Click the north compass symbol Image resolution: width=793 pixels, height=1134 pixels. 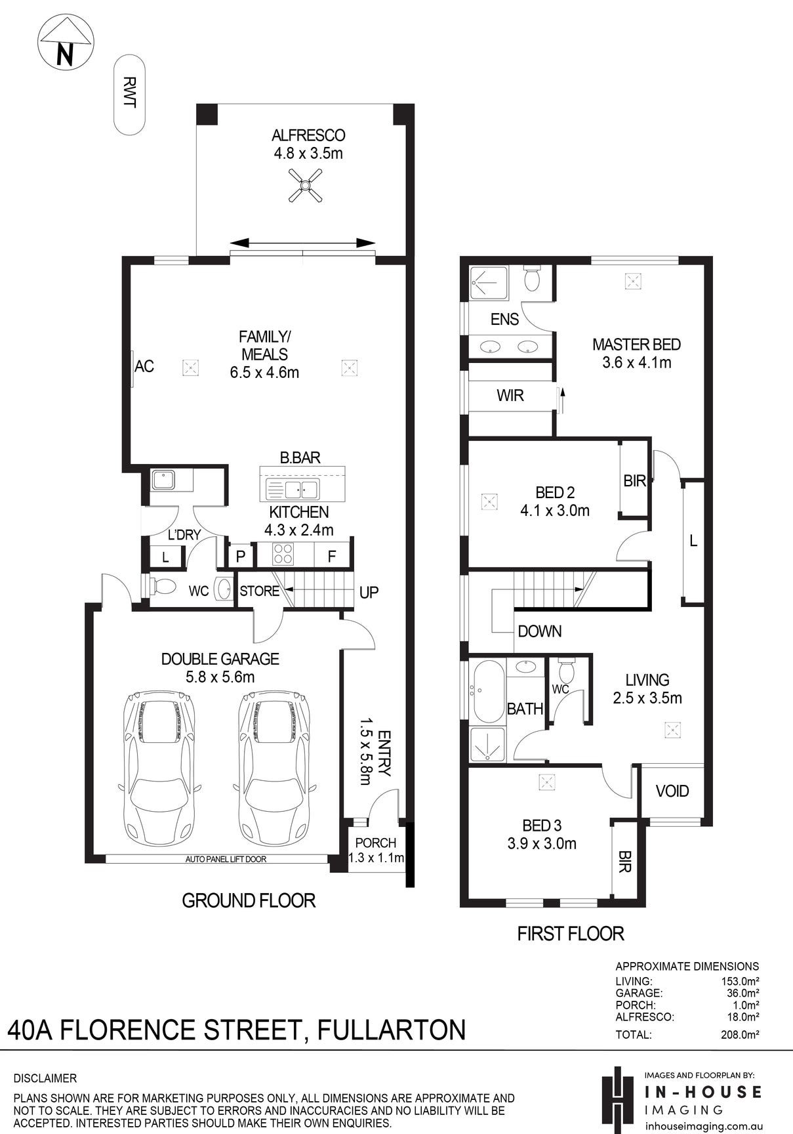66,43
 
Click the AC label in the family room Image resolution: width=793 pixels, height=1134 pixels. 144,366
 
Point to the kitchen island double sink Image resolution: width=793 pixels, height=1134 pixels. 293,489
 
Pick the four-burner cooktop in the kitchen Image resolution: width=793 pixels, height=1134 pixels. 283,555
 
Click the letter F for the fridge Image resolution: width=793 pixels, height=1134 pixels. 332,556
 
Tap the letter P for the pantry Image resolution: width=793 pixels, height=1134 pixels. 241,556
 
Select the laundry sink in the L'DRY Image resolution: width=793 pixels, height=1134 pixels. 163,480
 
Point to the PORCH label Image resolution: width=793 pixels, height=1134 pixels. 376,843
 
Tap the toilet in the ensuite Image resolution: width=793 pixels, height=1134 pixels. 532,278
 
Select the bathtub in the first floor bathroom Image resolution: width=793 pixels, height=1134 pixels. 488,690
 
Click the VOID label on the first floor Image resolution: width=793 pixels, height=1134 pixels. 672,791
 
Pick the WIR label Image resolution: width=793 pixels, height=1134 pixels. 510,396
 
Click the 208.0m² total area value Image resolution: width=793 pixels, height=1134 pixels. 741,1035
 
